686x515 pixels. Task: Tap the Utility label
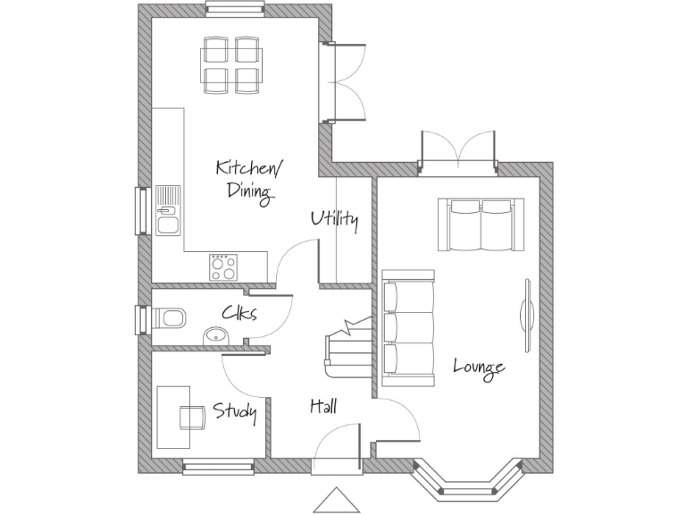point(334,220)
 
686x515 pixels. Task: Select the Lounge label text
point(479,367)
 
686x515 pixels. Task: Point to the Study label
point(235,412)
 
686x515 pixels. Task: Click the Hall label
point(322,407)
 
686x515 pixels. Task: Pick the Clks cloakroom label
point(239,314)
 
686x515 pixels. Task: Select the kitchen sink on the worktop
point(167,209)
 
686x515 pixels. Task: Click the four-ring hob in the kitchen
point(223,266)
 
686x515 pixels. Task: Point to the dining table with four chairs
point(230,63)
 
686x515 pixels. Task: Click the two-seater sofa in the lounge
point(480,224)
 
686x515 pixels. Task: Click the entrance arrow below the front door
point(337,502)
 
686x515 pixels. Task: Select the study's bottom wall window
point(218,466)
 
